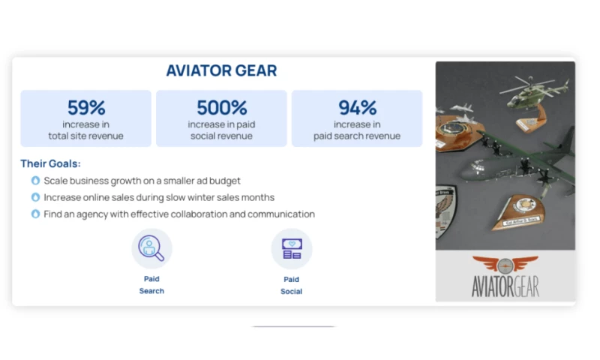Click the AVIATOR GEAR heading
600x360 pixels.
pos(221,71)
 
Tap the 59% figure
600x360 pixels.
pos(86,107)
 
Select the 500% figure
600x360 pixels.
pos(221,107)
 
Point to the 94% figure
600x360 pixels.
pos(357,107)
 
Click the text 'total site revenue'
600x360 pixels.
pos(86,136)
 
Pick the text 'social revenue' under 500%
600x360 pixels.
pos(221,136)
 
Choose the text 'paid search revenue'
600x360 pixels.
pos(357,136)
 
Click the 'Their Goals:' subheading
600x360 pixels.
pos(50,163)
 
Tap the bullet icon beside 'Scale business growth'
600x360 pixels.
pos(35,181)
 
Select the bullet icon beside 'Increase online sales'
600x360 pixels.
pos(35,197)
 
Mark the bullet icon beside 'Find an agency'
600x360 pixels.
pos(35,214)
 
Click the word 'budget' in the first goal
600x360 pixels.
pos(223,181)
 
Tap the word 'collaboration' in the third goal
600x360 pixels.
pos(204,214)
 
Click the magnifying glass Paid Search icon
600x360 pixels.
pos(151,248)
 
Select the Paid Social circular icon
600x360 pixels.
pos(291,248)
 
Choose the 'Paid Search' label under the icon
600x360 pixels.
pos(151,284)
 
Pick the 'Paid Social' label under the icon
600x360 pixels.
pos(291,284)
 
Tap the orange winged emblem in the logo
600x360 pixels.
pos(505,265)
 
